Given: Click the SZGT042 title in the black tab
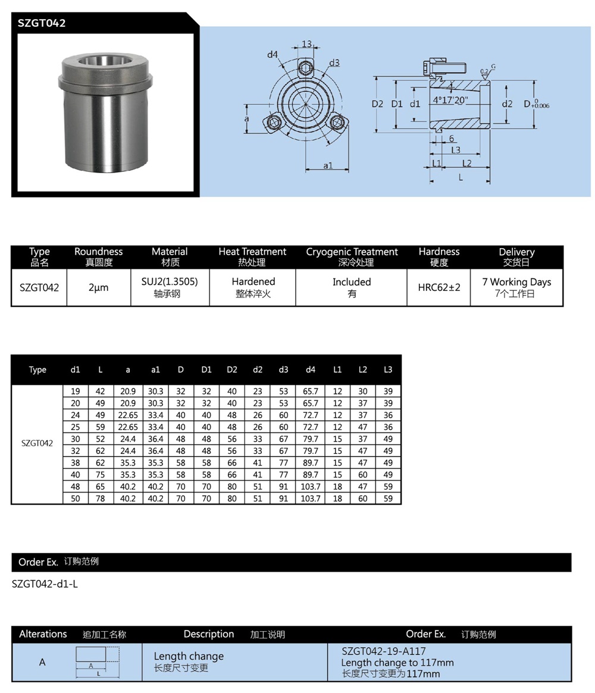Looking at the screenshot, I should (41, 23).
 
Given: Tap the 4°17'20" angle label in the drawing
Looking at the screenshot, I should (451, 100).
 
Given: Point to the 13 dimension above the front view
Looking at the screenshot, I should (306, 44).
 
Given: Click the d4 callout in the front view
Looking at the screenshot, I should (272, 55).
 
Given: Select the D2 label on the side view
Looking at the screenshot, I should (377, 104).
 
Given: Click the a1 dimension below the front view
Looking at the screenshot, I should (327, 165).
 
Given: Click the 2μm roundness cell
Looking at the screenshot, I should (98, 287).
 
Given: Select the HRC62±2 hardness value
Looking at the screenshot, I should (439, 287).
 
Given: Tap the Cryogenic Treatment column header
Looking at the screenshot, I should (352, 256).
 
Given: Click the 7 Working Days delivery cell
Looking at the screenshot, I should (516, 287).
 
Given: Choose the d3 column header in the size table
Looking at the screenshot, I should (283, 369).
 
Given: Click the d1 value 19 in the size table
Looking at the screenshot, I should (75, 391).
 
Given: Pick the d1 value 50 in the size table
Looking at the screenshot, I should (75, 498).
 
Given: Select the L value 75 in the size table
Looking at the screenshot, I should (100, 475).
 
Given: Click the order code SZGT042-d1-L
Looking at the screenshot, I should (45, 584).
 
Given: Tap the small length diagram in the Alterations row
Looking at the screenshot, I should (98, 661).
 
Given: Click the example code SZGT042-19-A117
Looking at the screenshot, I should (384, 651).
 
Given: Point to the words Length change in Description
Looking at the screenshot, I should (189, 656).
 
